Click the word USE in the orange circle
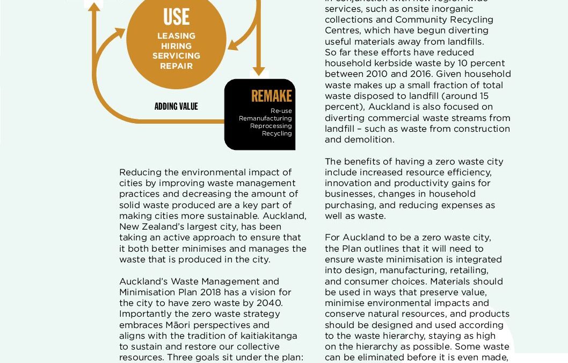pos(176,17)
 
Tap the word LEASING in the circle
pos(176,36)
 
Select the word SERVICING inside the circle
pos(176,56)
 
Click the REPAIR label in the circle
pos(176,66)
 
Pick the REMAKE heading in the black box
pos(271,96)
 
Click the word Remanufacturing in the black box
pos(265,118)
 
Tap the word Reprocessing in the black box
pos(271,126)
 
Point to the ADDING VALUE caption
pos(176,106)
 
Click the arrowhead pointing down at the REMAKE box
pos(259,71)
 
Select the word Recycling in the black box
pos(276,133)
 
